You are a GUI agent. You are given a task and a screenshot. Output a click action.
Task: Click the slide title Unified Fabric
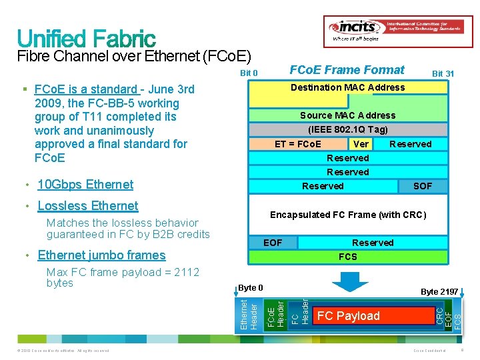tap(87, 38)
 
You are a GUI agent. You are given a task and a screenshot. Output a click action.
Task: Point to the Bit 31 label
tap(443, 73)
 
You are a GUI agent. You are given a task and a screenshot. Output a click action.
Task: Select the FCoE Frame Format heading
tap(347, 70)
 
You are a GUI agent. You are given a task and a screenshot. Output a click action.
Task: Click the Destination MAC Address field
tap(347, 87)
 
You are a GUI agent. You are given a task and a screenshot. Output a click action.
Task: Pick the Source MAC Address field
tap(347, 115)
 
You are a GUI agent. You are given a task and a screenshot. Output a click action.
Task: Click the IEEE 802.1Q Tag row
tap(347, 129)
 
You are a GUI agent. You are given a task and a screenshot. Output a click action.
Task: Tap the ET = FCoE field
tap(298, 144)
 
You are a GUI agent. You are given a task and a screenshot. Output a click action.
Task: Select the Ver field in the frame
tap(361, 144)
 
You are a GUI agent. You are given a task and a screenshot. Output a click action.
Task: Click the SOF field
tap(423, 186)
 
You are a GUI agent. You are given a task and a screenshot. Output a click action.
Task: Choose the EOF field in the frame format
tap(273, 243)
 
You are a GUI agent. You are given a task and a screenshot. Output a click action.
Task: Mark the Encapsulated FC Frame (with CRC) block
tap(347, 215)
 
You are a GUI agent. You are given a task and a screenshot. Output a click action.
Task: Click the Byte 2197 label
tap(439, 291)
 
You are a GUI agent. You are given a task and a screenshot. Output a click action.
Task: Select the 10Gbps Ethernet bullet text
tap(85, 185)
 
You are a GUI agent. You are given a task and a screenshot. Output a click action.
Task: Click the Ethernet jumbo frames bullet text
tap(101, 255)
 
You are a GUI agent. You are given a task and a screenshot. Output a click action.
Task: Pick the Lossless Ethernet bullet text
tap(88, 206)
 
